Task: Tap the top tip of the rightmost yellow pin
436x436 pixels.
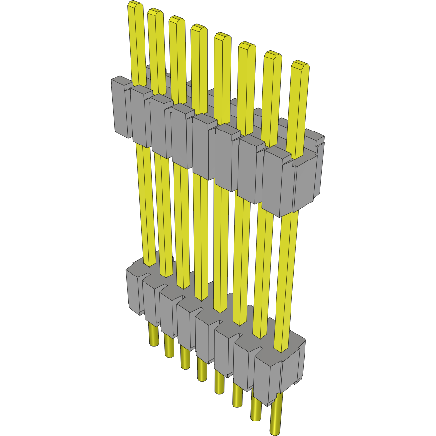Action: [x=300, y=65]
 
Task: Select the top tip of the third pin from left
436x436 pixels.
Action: [x=176, y=20]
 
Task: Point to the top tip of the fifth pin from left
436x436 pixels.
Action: [x=222, y=36]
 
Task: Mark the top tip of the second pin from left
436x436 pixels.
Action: [x=155, y=12]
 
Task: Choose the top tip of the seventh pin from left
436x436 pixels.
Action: [x=272, y=55]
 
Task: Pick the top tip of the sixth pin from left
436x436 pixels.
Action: [x=247, y=45]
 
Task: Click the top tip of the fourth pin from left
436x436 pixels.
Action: [x=198, y=28]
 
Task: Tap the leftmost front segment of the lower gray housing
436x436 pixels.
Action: [x=134, y=290]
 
